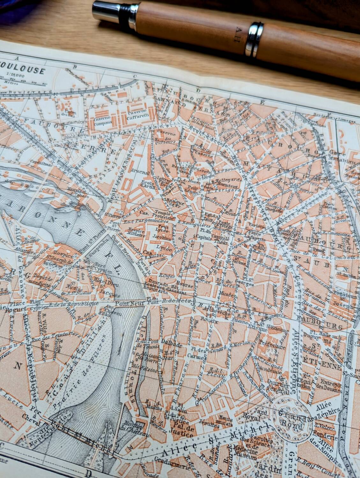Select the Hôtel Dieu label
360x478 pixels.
click(103, 279)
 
